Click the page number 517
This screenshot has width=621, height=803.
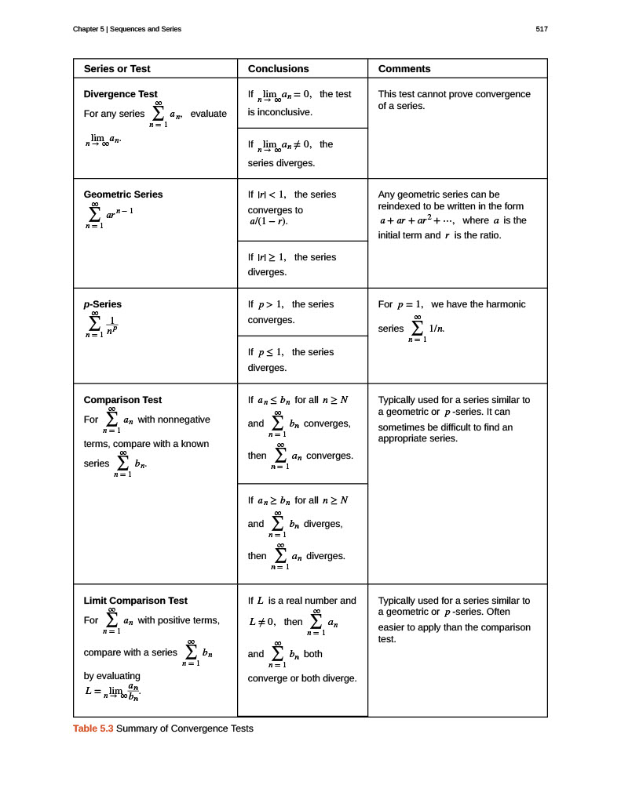541,29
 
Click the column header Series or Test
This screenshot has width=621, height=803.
117,69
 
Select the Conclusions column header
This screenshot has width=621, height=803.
278,69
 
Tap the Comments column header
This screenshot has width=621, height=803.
404,69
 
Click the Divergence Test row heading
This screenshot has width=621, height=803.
120,94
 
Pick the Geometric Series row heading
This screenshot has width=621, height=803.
123,194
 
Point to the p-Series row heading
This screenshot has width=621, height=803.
103,304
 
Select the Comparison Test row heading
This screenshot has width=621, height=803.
122,400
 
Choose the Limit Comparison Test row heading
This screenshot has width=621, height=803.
135,601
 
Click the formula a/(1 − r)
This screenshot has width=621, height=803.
264,222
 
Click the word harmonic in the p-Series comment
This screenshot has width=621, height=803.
507,304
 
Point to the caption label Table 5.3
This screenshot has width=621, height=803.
93,729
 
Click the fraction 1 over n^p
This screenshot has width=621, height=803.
112,325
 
